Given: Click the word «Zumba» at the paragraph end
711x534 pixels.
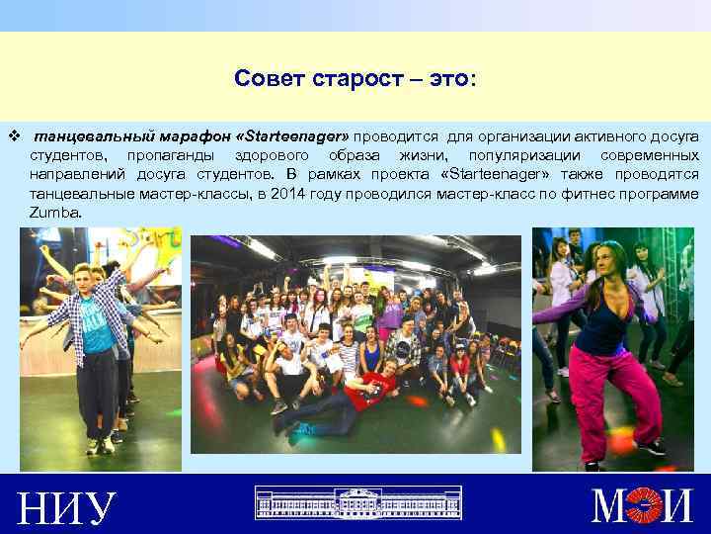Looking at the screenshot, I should pyautogui.click(x=54, y=213).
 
